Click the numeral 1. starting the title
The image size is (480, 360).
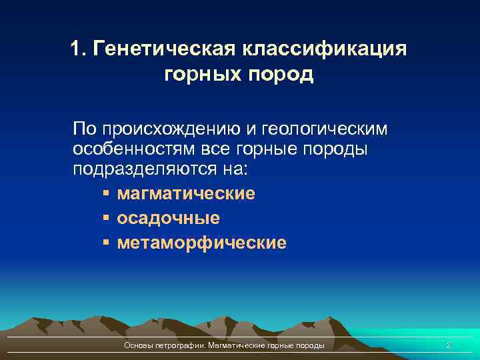point(78,49)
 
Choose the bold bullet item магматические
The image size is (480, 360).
point(186,194)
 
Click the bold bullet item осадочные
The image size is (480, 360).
point(168,218)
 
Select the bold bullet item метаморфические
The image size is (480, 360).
point(201,243)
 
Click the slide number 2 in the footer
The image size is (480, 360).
point(448,345)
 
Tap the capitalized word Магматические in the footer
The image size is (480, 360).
point(237,345)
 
